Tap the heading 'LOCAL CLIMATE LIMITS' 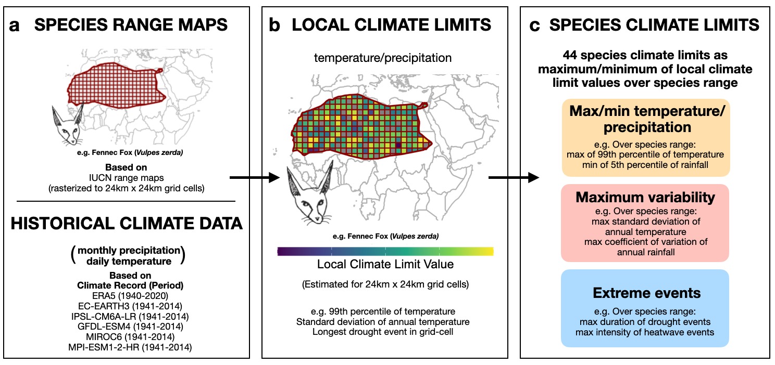(391, 25)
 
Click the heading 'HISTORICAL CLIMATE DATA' (127, 224)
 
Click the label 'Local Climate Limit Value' (385, 265)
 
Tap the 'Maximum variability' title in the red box (645, 198)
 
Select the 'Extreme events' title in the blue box (645, 293)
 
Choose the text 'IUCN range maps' (126, 178)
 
